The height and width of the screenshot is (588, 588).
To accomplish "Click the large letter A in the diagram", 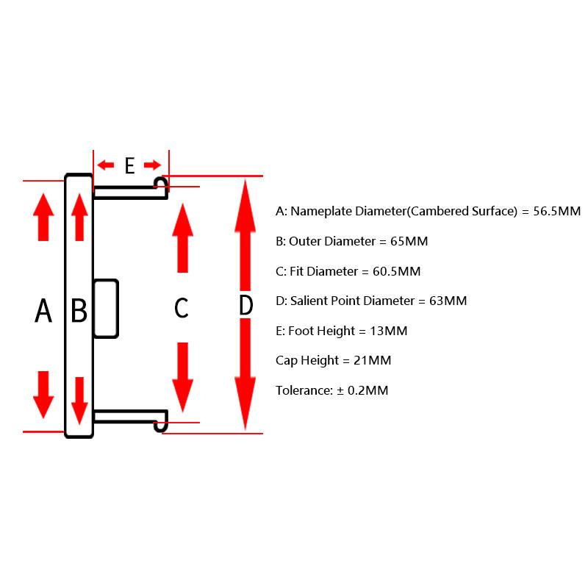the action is coord(43,310).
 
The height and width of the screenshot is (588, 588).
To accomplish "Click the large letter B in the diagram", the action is coord(79,310).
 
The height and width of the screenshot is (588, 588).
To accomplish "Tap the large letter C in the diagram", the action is coord(182,308).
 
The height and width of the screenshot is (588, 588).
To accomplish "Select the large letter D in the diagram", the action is coord(246,305).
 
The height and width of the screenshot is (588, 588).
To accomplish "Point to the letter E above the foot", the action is coord(130,166).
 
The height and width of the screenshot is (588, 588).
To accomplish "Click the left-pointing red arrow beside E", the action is coord(105,165).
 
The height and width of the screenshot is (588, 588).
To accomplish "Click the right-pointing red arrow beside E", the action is coord(153,165).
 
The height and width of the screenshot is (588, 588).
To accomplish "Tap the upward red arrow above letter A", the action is coord(43,217).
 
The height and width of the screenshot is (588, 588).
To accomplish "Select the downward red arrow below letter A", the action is coord(43,395).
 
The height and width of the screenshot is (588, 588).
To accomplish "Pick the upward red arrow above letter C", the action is coord(182,237).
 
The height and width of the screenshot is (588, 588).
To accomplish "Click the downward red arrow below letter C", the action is coord(182,377).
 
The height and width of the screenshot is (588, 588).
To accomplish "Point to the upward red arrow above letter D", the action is coord(245,235).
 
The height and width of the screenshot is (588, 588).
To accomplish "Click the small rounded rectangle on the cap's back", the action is coord(106,309).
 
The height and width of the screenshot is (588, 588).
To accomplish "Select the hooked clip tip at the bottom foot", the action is coord(161,426).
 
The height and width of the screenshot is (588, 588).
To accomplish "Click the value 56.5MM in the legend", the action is coord(557,211).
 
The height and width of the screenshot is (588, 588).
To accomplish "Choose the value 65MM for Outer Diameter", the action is coord(409,241).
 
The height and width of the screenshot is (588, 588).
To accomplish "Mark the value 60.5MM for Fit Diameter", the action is coord(397,271).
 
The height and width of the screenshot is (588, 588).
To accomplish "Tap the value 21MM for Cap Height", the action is coord(373,360).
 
